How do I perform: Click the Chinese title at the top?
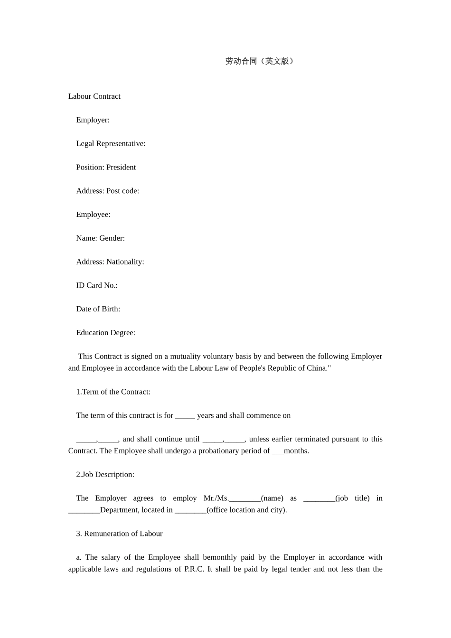point(259,61)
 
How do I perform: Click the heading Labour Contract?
point(94,96)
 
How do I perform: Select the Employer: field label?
point(93,120)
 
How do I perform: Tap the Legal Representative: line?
point(111,144)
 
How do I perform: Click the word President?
point(121,168)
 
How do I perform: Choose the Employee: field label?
point(93,215)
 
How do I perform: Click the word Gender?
point(112,238)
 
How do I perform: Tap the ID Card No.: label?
point(97,286)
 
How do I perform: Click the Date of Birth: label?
point(98,309)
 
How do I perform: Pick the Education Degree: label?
point(105,333)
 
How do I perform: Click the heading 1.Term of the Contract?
point(113,392)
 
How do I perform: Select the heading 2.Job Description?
point(105,475)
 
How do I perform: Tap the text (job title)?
point(352,498)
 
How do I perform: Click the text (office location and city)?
point(247,510)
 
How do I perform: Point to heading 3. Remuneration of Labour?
point(119,534)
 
